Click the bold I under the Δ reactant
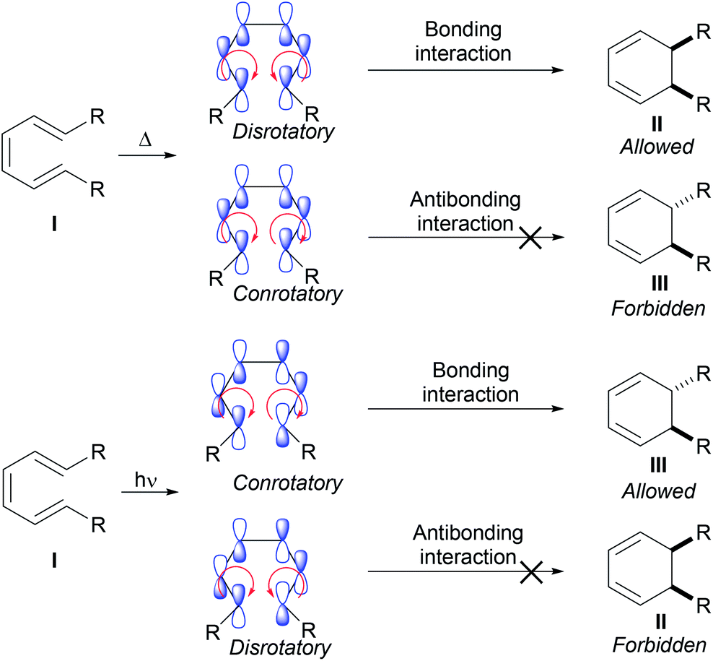click(x=51, y=215)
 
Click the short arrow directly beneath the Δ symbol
click(x=146, y=153)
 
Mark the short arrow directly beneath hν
click(x=146, y=494)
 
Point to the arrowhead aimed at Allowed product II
click(x=556, y=70)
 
